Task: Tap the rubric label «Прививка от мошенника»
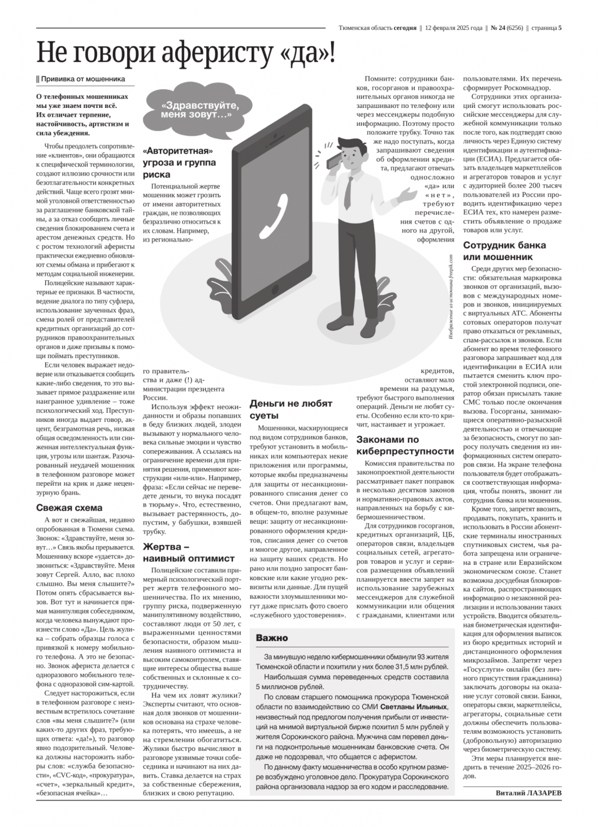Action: (83, 79)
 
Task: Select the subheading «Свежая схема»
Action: (70, 507)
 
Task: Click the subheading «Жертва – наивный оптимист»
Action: (180, 552)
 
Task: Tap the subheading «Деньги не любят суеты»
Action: (291, 410)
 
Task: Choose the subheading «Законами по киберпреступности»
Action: (405, 445)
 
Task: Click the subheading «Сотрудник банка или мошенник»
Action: (504, 251)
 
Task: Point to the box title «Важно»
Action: (272, 638)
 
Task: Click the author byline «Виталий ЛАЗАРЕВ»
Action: (528, 793)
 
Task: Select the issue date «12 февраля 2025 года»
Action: (453, 27)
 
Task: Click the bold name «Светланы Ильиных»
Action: (414, 707)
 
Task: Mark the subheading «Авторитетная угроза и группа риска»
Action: (179, 162)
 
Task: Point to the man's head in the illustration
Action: (349, 151)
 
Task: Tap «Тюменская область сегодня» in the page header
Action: (377, 27)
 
